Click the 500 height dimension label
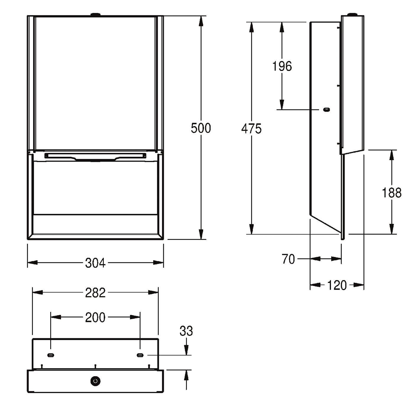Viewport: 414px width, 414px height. click(x=201, y=128)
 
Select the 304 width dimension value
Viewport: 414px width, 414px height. click(x=96, y=263)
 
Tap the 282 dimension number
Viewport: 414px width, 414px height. click(x=96, y=293)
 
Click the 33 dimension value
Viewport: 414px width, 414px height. click(x=186, y=331)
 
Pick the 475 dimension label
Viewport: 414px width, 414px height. click(x=251, y=129)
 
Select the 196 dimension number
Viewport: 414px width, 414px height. click(x=282, y=66)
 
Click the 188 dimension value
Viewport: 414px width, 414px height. click(x=392, y=193)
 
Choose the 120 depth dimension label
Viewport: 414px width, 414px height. click(x=337, y=285)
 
